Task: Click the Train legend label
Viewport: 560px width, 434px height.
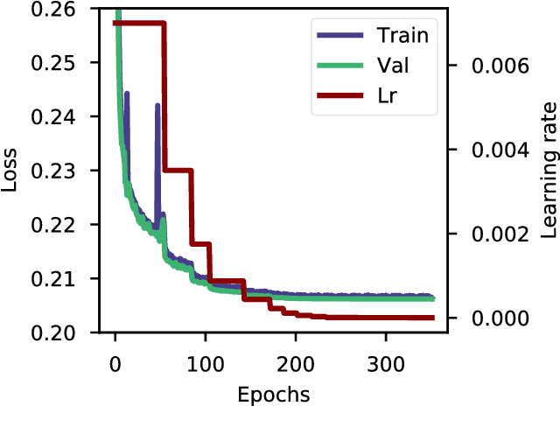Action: [402, 36]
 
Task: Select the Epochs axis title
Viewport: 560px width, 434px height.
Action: [274, 395]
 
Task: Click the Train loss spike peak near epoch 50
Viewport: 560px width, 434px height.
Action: [157, 105]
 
